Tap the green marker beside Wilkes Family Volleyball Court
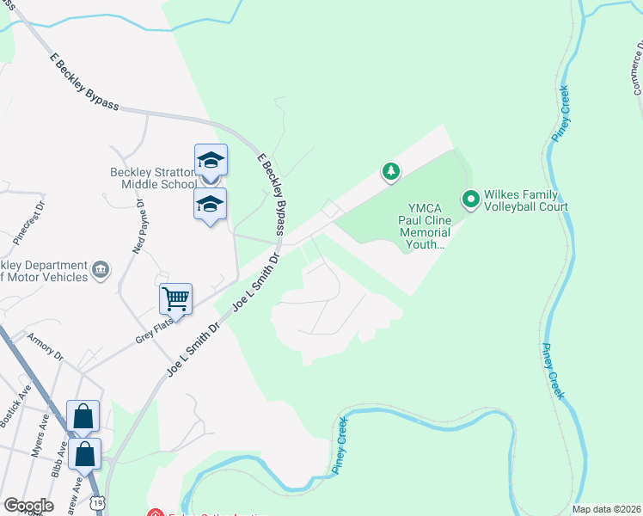(x=470, y=200)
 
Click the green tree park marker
(x=391, y=172)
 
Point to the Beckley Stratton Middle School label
(x=152, y=178)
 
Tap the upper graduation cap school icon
(x=211, y=159)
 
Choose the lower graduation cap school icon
(x=211, y=204)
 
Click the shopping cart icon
(x=175, y=299)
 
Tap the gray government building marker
(x=101, y=271)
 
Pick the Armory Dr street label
(x=45, y=346)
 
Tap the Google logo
(x=28, y=506)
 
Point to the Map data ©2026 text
(x=605, y=509)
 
